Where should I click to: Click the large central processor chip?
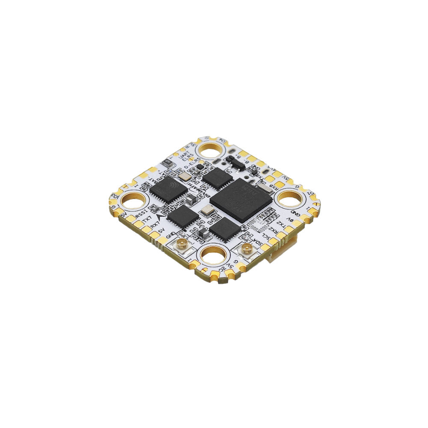tap(241, 200)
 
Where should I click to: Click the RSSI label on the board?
tap(141, 213)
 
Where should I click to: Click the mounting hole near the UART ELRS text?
tap(211, 150)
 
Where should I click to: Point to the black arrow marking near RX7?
tap(165, 217)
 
